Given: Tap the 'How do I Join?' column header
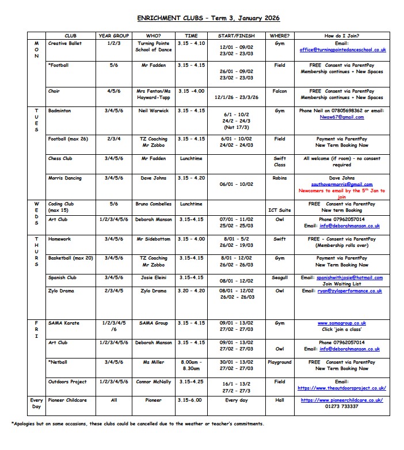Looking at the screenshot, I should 341,36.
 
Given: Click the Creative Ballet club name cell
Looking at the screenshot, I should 65,43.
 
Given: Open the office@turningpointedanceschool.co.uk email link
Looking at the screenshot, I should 342,50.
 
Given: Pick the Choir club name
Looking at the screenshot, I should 54,91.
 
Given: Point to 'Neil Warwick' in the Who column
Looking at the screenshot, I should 153,110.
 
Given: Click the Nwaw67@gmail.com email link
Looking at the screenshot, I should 342,117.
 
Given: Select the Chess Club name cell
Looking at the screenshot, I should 62,158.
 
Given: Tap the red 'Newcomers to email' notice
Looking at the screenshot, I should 342,194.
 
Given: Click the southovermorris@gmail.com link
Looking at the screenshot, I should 342,184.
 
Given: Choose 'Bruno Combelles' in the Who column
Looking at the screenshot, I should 153,204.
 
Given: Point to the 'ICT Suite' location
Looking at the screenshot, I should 280,210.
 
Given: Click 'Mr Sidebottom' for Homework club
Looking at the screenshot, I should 153,239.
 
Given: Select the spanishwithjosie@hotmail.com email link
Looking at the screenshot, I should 342,277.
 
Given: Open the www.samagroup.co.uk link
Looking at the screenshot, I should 342,323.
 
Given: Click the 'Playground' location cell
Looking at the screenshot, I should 280,363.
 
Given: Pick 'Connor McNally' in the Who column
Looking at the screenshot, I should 153,382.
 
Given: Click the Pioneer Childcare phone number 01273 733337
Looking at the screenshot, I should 342,406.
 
